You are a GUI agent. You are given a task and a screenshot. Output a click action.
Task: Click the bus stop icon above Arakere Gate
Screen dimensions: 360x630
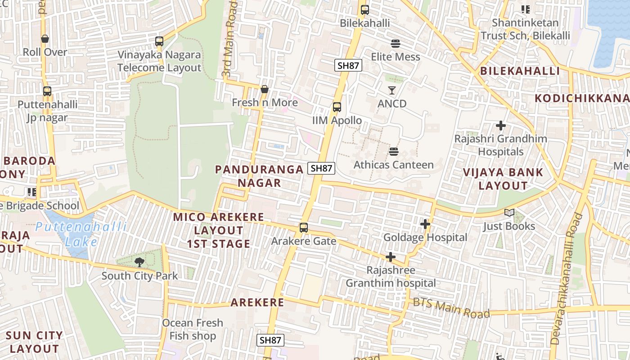tap(304, 228)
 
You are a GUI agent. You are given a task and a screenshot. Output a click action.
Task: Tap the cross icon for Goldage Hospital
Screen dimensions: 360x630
tap(425, 224)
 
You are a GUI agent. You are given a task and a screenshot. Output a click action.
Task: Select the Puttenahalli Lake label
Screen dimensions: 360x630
tap(81, 234)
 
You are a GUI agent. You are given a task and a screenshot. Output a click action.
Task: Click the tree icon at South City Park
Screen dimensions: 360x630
tap(139, 261)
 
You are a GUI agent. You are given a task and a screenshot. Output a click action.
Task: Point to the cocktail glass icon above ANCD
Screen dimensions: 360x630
tap(392, 90)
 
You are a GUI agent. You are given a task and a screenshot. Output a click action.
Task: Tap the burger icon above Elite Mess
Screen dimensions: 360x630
tap(396, 44)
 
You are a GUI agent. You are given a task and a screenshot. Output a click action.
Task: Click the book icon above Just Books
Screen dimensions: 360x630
tap(509, 213)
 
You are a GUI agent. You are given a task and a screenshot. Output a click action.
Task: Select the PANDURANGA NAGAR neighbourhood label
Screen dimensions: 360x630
tap(259, 176)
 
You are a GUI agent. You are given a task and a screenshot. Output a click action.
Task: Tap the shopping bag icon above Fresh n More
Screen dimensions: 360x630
tap(265, 89)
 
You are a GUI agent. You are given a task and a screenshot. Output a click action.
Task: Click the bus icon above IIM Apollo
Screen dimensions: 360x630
tap(337, 107)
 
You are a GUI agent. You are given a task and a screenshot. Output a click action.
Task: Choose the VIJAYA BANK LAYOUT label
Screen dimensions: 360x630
tap(503, 179)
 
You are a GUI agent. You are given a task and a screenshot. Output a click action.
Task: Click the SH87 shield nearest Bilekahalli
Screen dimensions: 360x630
tap(348, 65)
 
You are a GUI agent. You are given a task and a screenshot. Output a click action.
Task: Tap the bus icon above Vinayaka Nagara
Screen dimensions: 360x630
tap(159, 41)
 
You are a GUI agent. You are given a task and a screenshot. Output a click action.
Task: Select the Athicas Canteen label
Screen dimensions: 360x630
tap(394, 165)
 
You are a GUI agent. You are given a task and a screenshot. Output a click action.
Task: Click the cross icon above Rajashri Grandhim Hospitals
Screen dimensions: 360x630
tap(500, 126)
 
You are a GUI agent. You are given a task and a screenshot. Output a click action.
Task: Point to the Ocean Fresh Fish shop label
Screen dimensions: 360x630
tap(193, 329)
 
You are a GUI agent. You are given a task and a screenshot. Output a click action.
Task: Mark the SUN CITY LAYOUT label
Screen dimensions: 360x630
tap(34, 342)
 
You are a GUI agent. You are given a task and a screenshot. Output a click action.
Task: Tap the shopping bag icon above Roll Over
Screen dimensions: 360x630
tap(45, 39)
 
